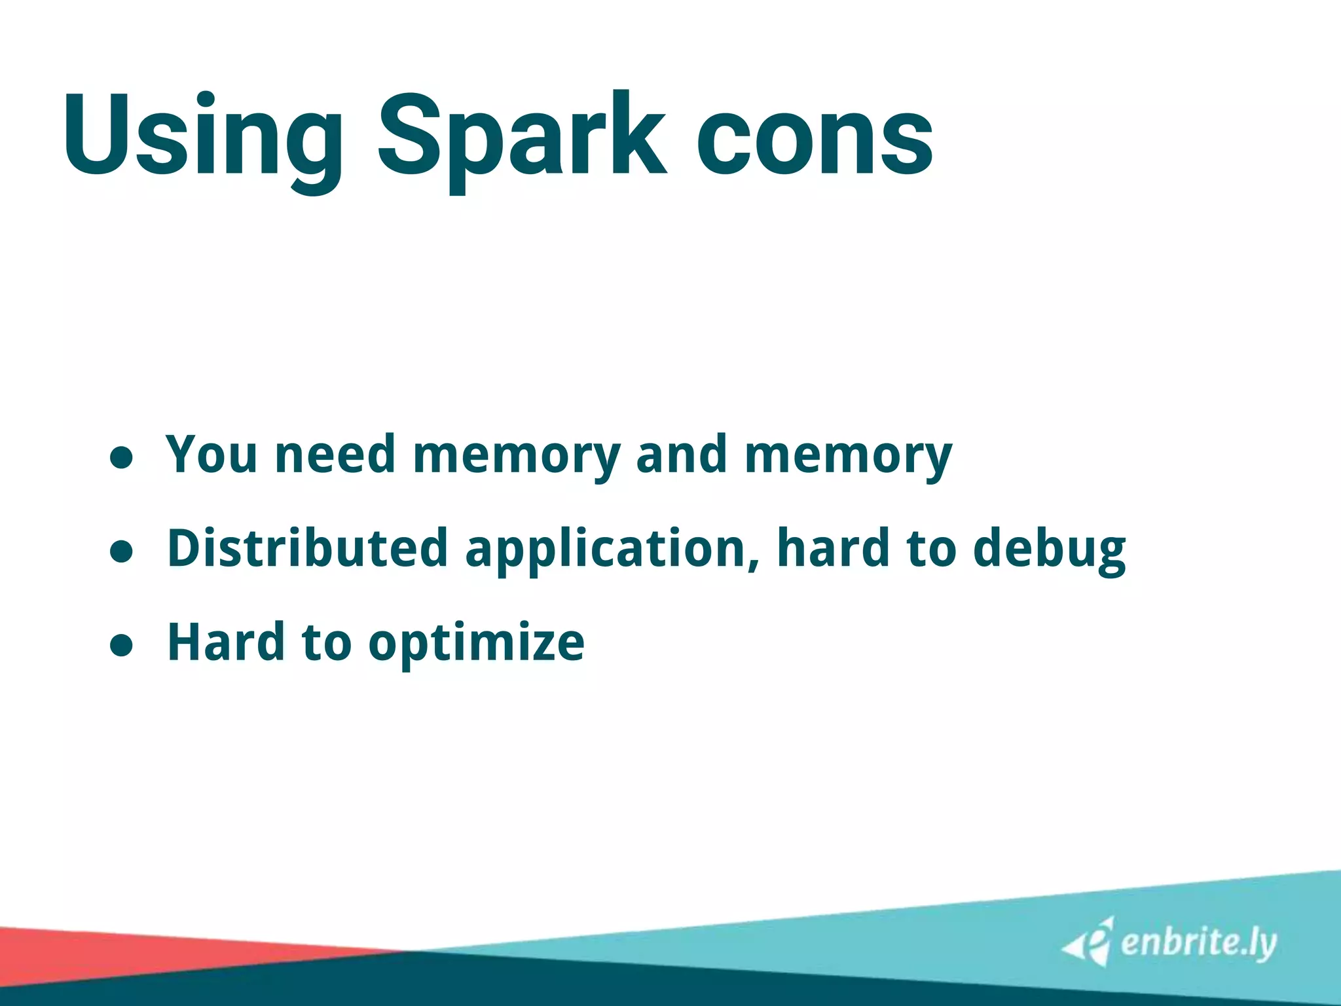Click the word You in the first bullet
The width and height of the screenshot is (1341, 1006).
pos(211,454)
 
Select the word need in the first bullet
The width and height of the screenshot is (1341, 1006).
pos(335,454)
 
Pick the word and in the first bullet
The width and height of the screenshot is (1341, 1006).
pos(681,454)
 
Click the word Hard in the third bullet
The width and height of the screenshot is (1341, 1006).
pos(227,642)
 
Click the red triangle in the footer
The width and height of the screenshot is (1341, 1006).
pos(98,953)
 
